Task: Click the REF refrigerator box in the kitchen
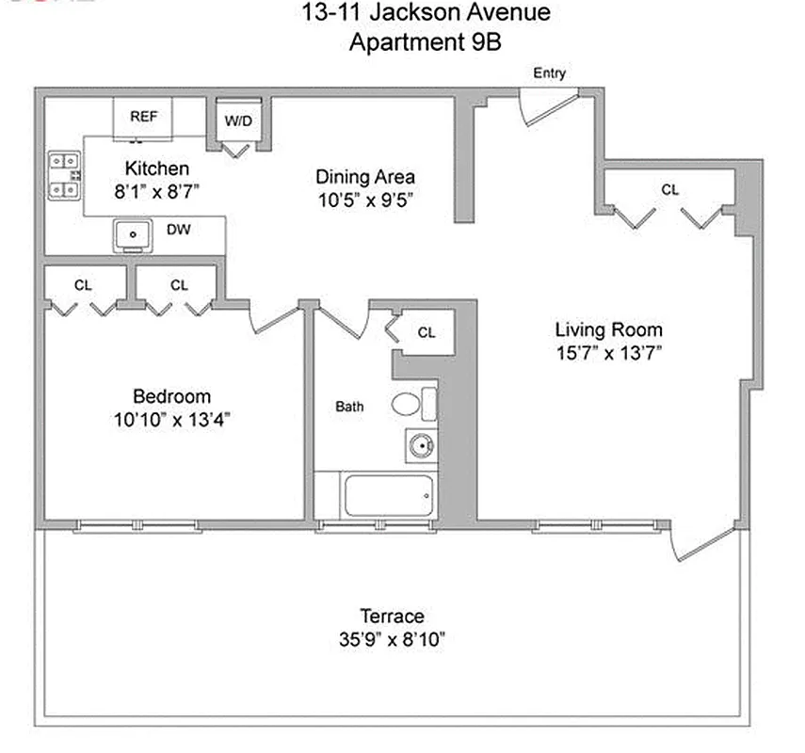[x=143, y=117]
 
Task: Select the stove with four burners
[x=64, y=176]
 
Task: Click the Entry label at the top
[x=549, y=73]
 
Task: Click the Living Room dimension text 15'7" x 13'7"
[x=608, y=353]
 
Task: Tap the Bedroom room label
[x=171, y=396]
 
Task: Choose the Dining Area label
[x=365, y=177]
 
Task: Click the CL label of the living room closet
[x=668, y=189]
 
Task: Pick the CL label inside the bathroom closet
[x=427, y=332]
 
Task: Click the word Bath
[x=349, y=408]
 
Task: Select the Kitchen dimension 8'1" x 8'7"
[x=157, y=190]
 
